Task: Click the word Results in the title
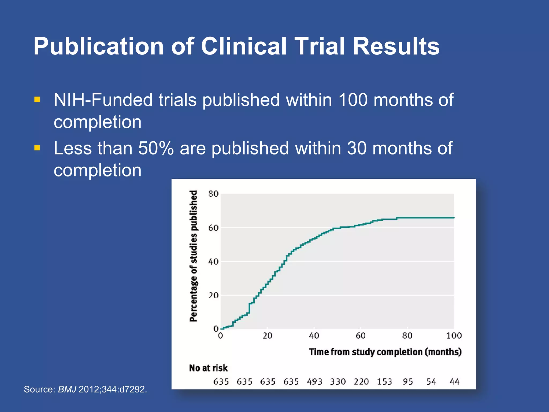[x=396, y=46]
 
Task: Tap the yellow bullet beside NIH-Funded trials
[x=37, y=100]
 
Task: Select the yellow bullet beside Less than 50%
[x=37, y=148]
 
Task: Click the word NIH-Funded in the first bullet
[x=103, y=100]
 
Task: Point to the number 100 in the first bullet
[x=353, y=100]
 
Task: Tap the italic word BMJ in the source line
[x=67, y=389]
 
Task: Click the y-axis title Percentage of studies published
[x=194, y=256]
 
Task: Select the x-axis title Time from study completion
[x=385, y=352]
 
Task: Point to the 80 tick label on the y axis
[x=213, y=194]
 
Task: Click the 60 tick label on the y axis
[x=213, y=228]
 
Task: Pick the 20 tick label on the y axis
[x=213, y=295]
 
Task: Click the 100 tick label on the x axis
[x=454, y=336]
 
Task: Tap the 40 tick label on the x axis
[x=314, y=336]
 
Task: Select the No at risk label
[x=208, y=368]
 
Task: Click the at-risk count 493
[x=314, y=381]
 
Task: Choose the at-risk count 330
[x=338, y=381]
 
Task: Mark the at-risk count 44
[x=455, y=381]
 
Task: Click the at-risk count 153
[x=384, y=381]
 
